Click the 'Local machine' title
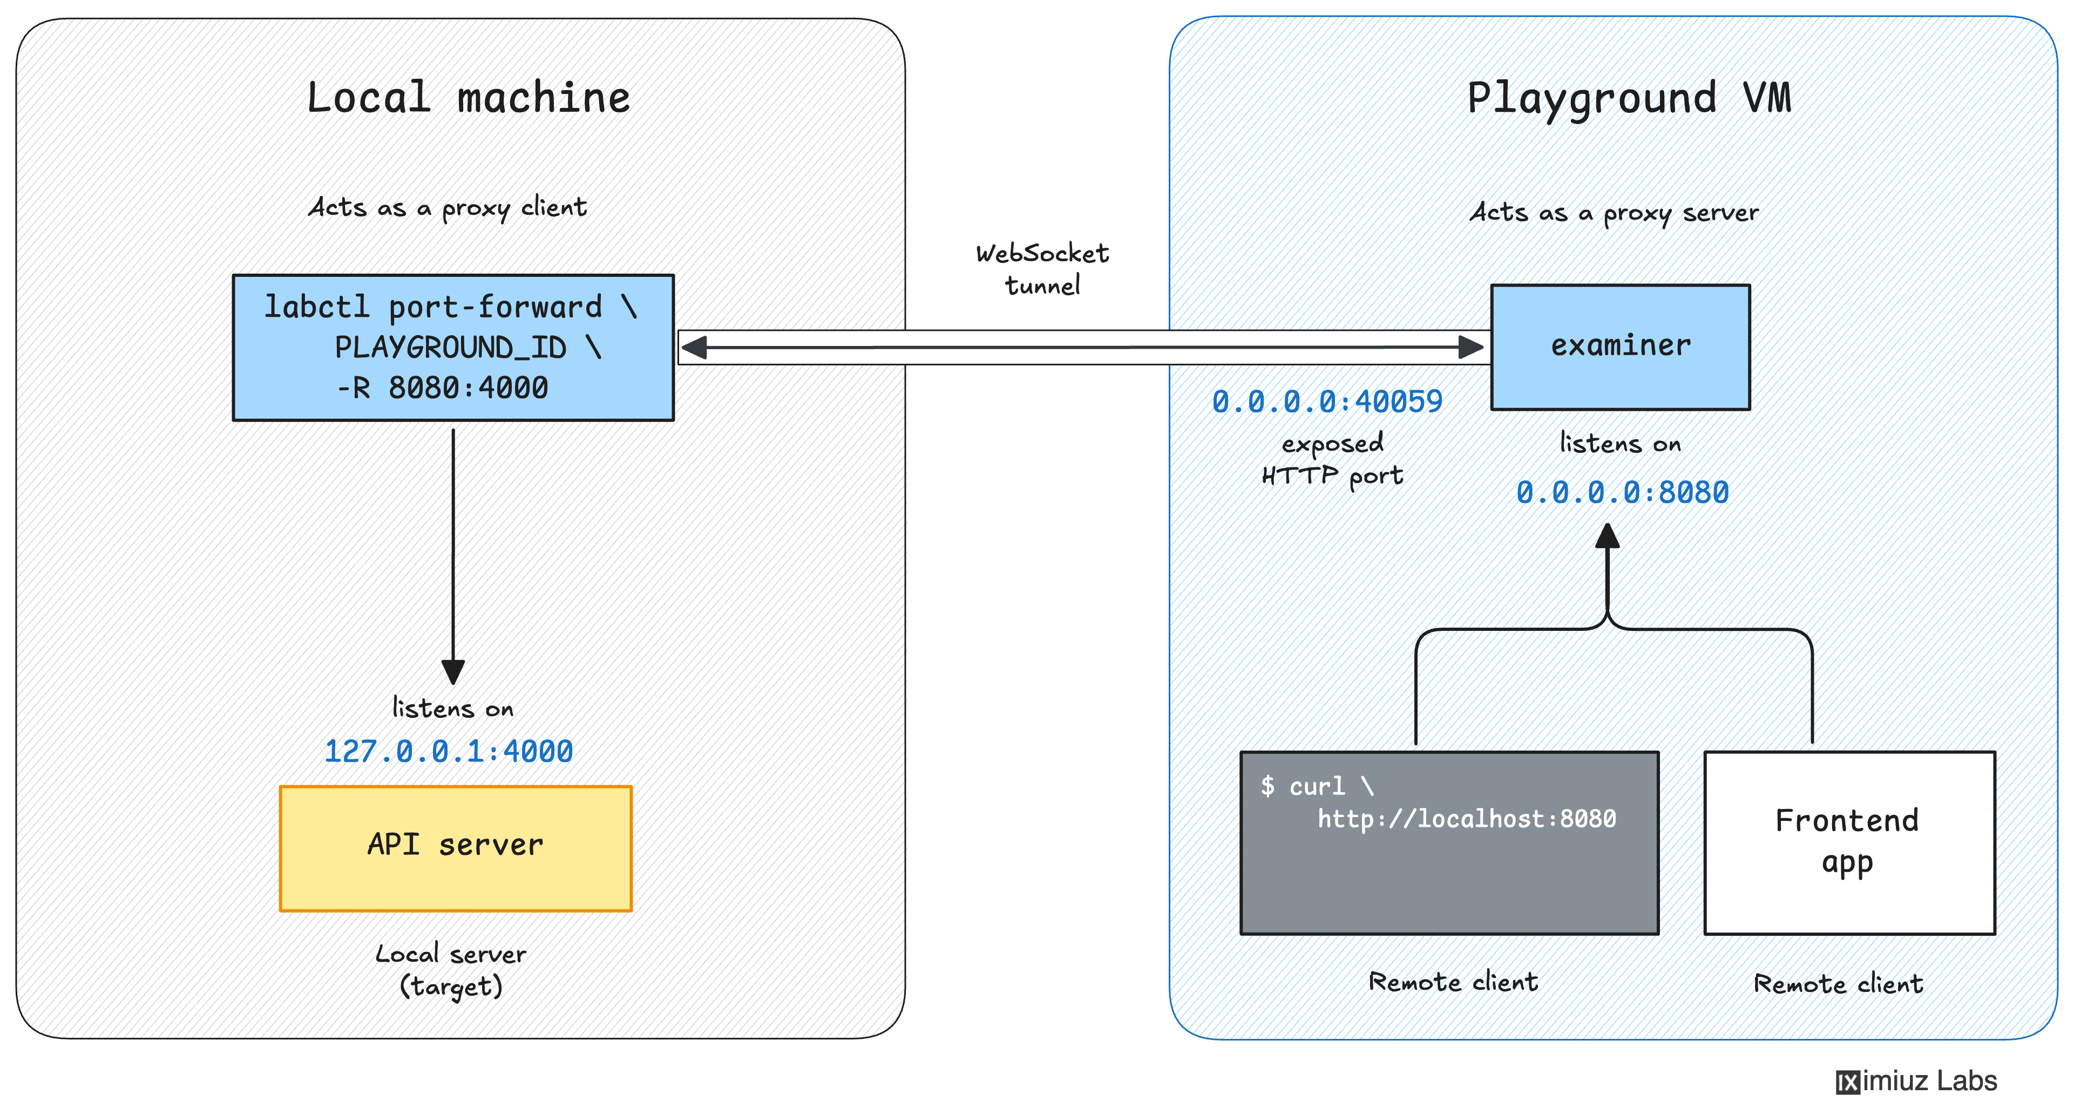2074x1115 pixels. (x=468, y=98)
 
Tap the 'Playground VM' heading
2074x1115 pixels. (x=1628, y=98)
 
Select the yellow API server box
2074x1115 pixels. (x=455, y=848)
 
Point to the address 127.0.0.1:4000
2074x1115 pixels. (x=449, y=751)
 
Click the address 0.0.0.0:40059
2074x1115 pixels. (x=1327, y=401)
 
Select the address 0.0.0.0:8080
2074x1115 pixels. (x=1622, y=492)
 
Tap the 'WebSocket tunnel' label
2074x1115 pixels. (x=1042, y=269)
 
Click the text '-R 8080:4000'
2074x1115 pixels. (x=442, y=388)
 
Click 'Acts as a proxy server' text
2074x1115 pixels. (x=1614, y=213)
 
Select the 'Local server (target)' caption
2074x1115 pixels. (x=451, y=970)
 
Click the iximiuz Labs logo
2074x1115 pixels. (x=1916, y=1080)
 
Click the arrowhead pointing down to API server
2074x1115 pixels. (x=453, y=671)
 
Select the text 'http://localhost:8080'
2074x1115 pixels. (x=1466, y=819)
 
